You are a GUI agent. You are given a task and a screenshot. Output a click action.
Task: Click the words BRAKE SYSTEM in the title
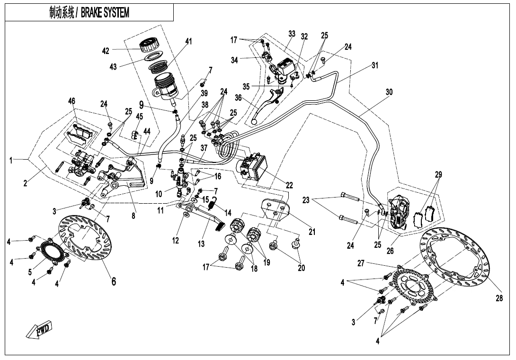tap(105, 13)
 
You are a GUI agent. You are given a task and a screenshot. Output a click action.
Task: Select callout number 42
tap(106, 51)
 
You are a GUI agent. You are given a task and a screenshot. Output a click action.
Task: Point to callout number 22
tap(289, 185)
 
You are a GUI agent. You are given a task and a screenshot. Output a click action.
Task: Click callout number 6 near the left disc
tap(114, 281)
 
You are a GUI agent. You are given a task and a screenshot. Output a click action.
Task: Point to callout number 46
tap(71, 101)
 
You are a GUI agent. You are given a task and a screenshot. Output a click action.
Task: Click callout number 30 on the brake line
tap(389, 92)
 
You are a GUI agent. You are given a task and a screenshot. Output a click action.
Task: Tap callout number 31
tap(374, 66)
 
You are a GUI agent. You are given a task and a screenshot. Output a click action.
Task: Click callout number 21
tap(312, 232)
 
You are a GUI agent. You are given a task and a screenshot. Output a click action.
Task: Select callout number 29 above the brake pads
tap(438, 175)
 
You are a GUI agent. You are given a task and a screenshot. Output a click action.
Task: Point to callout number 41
tap(188, 41)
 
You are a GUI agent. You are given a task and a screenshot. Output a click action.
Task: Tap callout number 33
tap(292, 34)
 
